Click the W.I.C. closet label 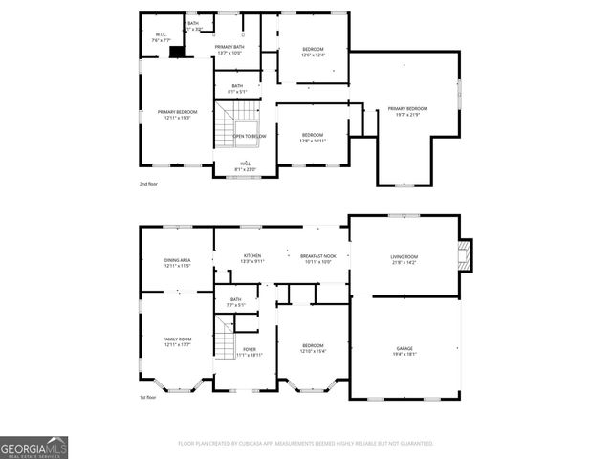pyautogui.click(x=162, y=38)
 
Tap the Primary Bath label pyautogui.click(x=229, y=50)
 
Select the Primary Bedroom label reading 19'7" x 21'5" pyautogui.click(x=407, y=112)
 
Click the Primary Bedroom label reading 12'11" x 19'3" pyautogui.click(x=177, y=115)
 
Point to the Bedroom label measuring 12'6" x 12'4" pyautogui.click(x=314, y=52)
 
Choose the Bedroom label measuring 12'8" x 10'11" pyautogui.click(x=313, y=138)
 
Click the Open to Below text pyautogui.click(x=250, y=136)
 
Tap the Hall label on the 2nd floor pyautogui.click(x=246, y=166)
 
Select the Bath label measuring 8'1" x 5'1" pyautogui.click(x=237, y=89)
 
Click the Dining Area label pyautogui.click(x=178, y=263)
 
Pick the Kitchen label pyautogui.click(x=252, y=258)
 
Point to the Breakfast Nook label pyautogui.click(x=317, y=258)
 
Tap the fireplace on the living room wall pyautogui.click(x=465, y=251)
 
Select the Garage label pyautogui.click(x=404, y=349)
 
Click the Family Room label pyautogui.click(x=178, y=341)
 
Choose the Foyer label pyautogui.click(x=250, y=352)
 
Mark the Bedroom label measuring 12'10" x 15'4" pyautogui.click(x=314, y=348)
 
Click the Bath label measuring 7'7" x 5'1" pyautogui.click(x=237, y=302)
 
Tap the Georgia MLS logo pyautogui.click(x=33, y=448)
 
